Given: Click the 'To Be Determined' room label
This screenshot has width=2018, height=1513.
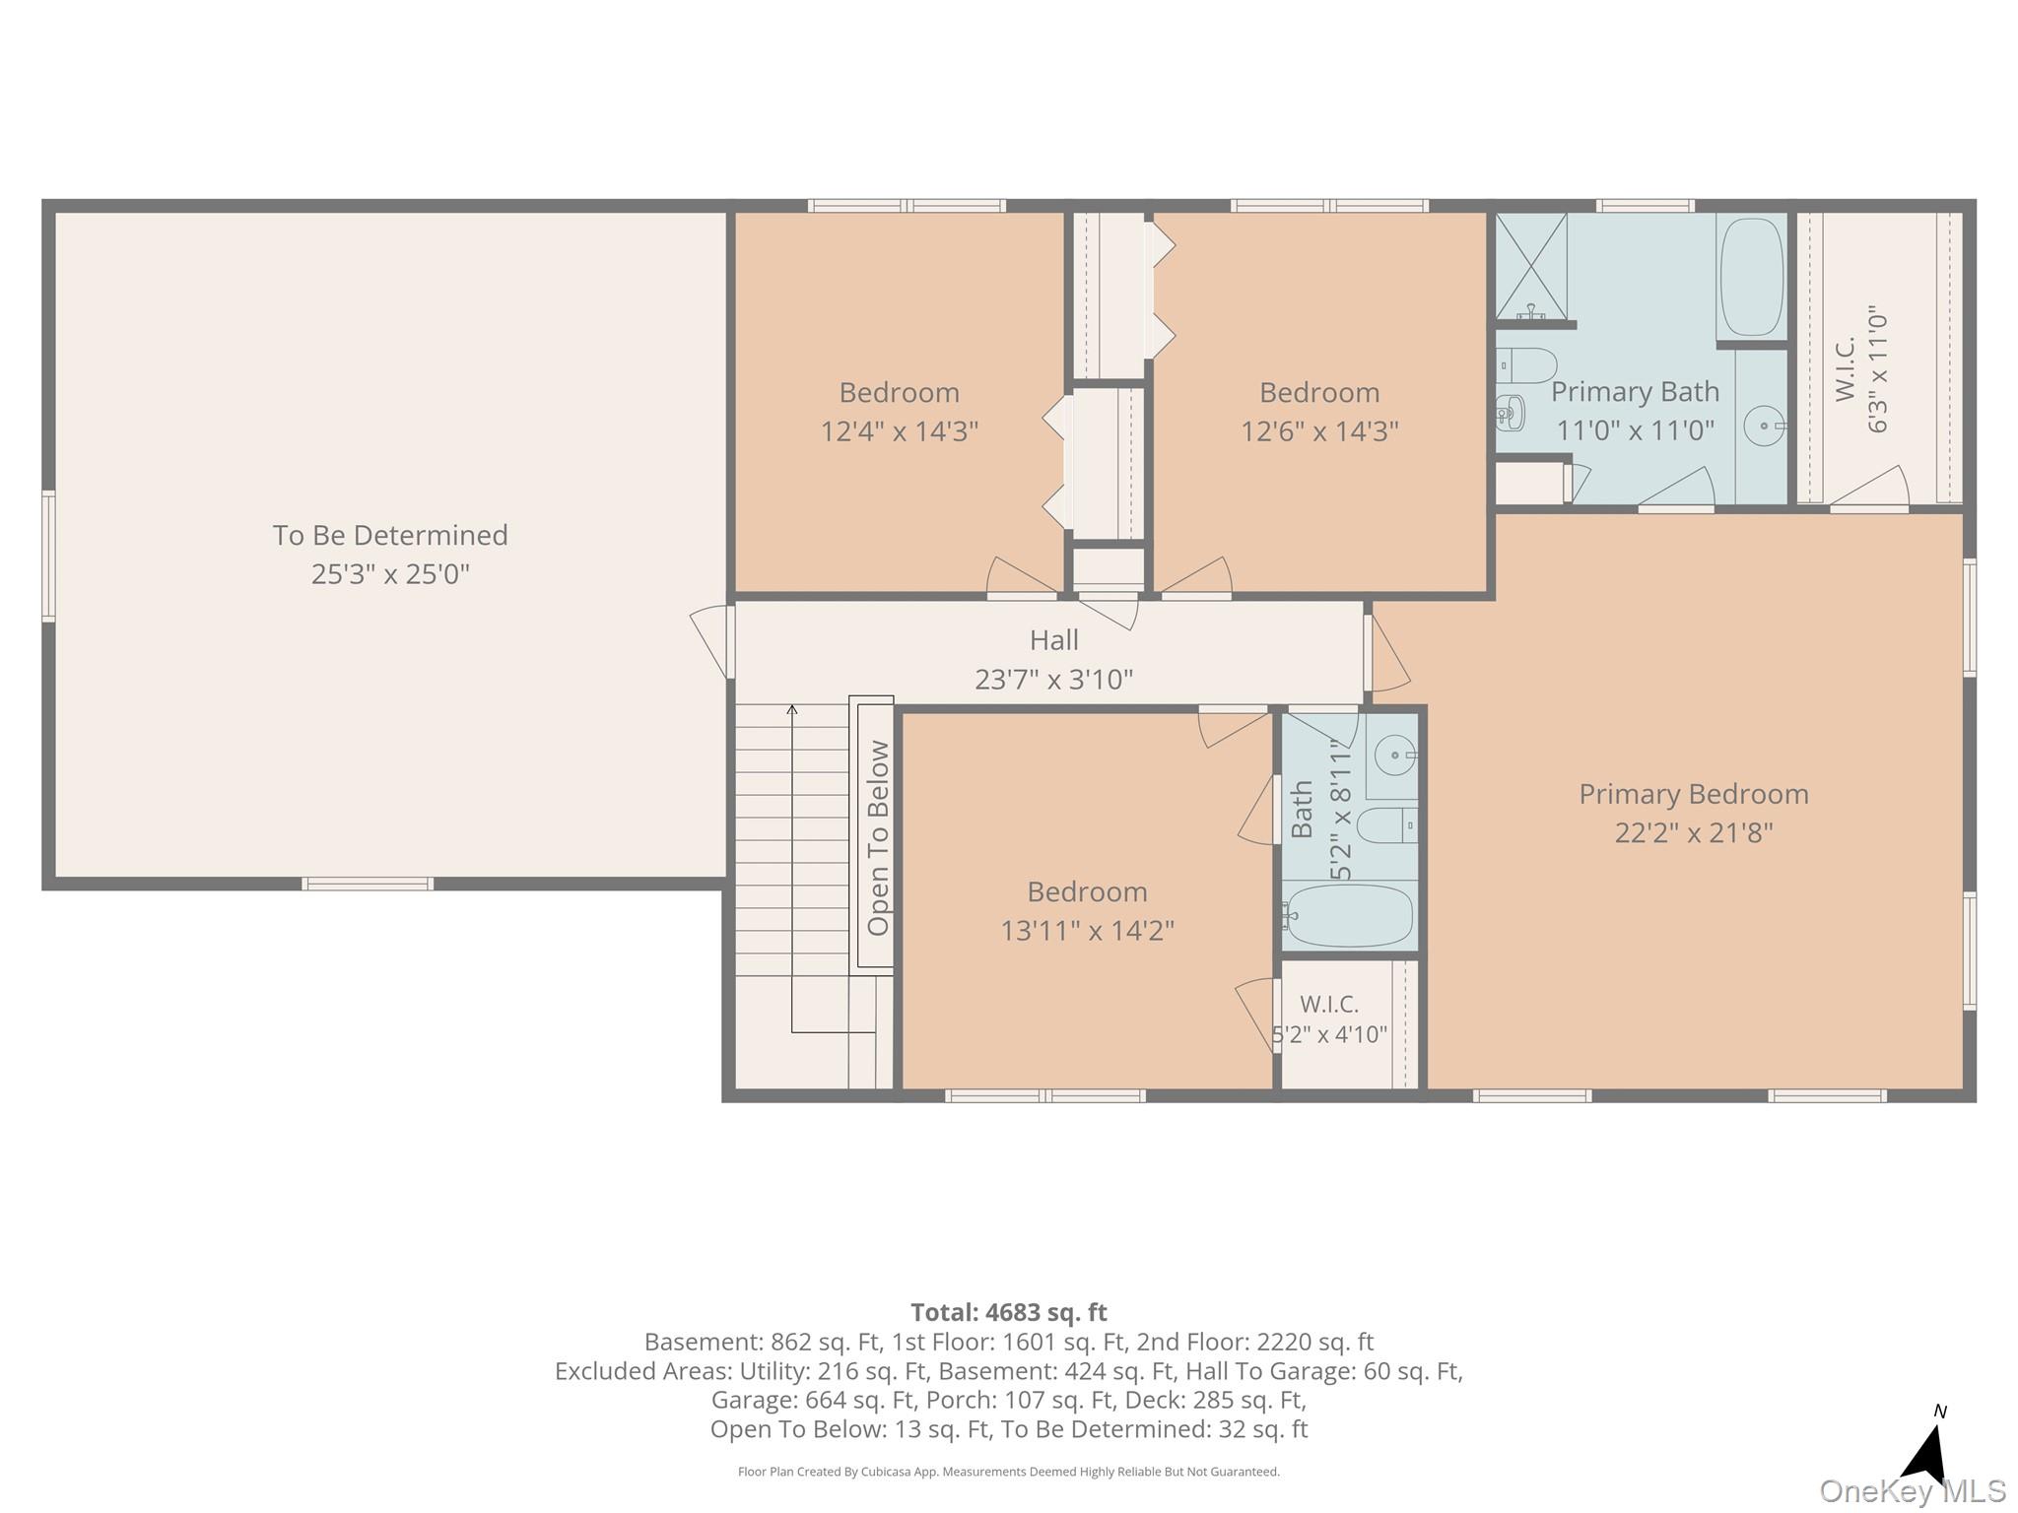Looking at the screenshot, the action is [x=390, y=535].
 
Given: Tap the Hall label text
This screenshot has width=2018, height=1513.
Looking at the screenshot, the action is [x=1053, y=640].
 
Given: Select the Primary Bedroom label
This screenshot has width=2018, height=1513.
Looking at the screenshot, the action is [x=1693, y=794].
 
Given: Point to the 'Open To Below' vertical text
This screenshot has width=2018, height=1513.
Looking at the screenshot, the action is [x=878, y=837].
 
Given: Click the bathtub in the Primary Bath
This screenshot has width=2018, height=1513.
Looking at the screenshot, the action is [x=1751, y=277].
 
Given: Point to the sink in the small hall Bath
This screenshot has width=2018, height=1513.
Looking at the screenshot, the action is [x=1394, y=756].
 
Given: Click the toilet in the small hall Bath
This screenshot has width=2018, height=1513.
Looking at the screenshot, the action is [x=1386, y=825].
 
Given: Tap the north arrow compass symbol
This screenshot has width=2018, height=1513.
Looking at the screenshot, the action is [x=1927, y=1447].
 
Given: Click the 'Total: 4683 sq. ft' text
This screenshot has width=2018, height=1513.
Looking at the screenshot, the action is [x=1008, y=1312].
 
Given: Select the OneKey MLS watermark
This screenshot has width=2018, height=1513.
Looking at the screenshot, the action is [x=1912, y=1491].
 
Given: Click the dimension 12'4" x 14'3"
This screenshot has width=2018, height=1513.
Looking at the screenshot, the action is [x=899, y=431].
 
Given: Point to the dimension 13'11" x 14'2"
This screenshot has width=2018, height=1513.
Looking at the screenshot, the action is [x=1087, y=930].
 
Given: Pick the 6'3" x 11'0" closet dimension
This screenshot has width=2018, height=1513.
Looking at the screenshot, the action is [x=1877, y=368].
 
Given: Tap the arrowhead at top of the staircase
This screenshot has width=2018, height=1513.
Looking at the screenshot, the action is [x=792, y=709].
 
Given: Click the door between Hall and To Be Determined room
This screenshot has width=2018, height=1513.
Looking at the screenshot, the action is [x=712, y=641].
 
